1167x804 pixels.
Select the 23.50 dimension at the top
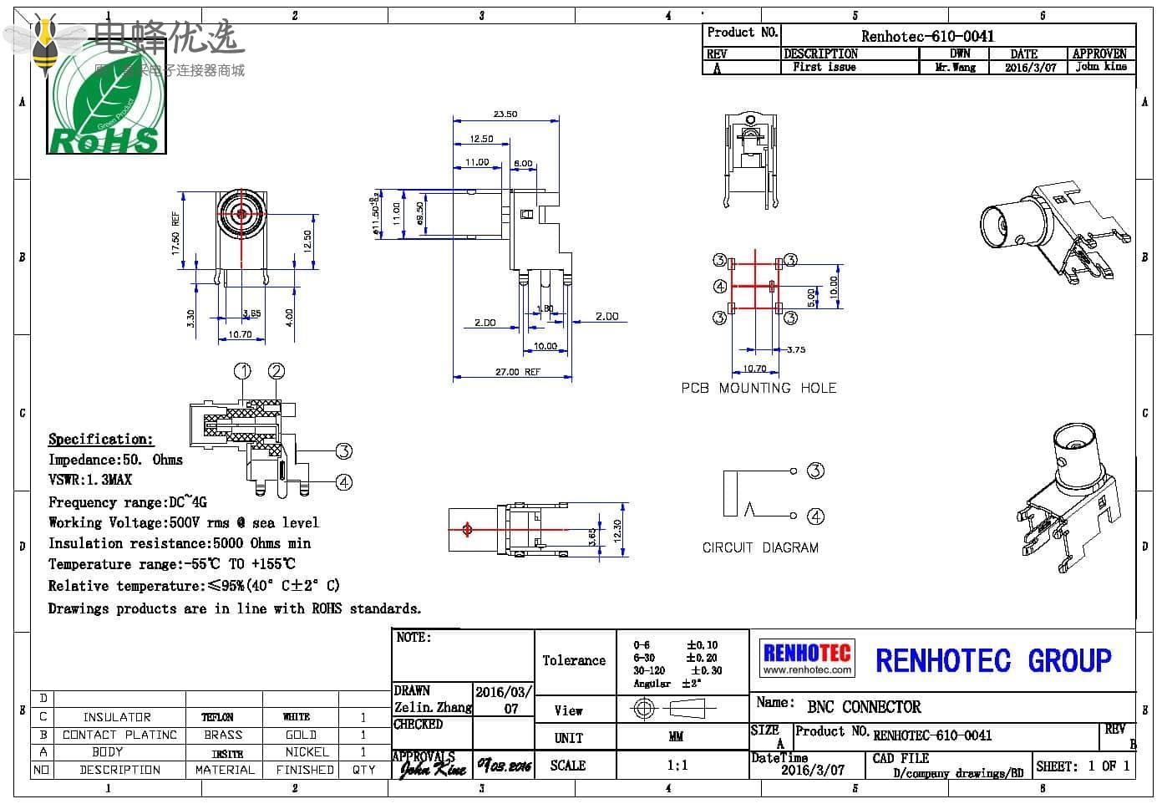[505, 114]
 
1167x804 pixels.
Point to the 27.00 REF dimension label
[518, 372]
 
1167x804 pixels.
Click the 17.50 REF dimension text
[175, 233]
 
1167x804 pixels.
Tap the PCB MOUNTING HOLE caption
[759, 388]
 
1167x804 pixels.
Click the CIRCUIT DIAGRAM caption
[760, 547]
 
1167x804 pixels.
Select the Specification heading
[101, 439]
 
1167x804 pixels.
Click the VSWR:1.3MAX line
[90, 480]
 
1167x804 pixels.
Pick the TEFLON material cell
[217, 717]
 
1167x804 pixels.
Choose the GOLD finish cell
[301, 735]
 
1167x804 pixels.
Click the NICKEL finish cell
[307, 752]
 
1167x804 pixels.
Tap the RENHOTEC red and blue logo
[807, 658]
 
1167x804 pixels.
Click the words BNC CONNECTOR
[864, 707]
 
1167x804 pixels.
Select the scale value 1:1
[677, 765]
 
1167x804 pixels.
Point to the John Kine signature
[432, 768]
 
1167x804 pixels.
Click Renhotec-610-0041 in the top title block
[927, 36]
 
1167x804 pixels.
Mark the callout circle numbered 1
[242, 371]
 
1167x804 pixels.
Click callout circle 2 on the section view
[277, 371]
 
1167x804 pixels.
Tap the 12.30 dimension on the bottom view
[617, 529]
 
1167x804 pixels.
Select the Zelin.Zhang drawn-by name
[433, 707]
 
